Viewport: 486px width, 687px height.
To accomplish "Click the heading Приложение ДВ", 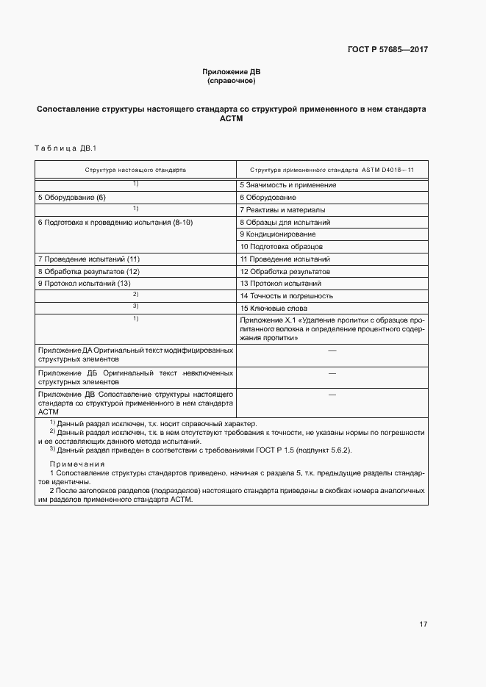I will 231,71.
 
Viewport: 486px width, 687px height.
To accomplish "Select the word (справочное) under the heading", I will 231,80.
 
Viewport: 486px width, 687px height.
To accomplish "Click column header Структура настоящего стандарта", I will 135,170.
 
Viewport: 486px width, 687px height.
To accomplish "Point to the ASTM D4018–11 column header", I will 332,170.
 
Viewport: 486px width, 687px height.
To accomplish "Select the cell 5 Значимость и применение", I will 288,185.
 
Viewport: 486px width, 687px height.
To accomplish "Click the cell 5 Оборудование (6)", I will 72,198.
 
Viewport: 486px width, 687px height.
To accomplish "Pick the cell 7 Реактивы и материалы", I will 282,210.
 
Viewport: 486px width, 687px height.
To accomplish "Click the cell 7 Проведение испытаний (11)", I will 88,259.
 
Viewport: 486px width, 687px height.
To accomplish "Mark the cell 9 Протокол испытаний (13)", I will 84,284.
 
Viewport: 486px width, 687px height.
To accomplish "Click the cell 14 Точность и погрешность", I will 286,296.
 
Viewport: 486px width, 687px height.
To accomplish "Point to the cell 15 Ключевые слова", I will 273,309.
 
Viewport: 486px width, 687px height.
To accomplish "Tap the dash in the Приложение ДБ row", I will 332,373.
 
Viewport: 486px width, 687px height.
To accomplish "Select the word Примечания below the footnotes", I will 76,464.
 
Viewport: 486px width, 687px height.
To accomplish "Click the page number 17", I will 423,625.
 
